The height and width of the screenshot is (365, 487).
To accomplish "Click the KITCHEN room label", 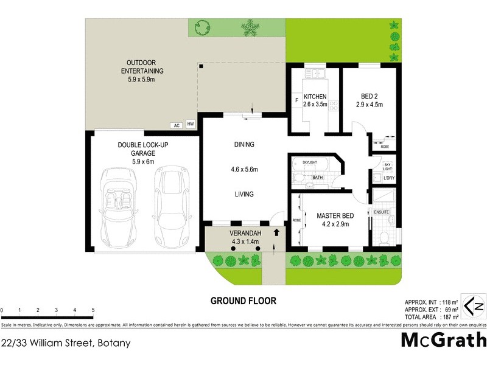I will pos(315,97).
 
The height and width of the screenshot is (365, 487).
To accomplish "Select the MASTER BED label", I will pos(336,215).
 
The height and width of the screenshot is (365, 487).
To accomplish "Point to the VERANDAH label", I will pos(245,234).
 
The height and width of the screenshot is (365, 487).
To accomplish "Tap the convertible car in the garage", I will pos(119,205).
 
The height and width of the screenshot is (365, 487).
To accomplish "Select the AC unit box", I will pos(177,125).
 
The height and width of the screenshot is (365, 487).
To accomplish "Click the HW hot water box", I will pos(191,125).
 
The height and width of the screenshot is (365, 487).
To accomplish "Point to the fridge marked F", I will pos(296,100).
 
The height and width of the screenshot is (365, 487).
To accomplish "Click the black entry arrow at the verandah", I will pos(277,232).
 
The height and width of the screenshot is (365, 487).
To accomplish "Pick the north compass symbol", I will pos(473,305).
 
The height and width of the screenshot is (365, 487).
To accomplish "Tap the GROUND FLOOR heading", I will pos(243,301).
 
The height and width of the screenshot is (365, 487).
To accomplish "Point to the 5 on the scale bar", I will pos(93,310).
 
